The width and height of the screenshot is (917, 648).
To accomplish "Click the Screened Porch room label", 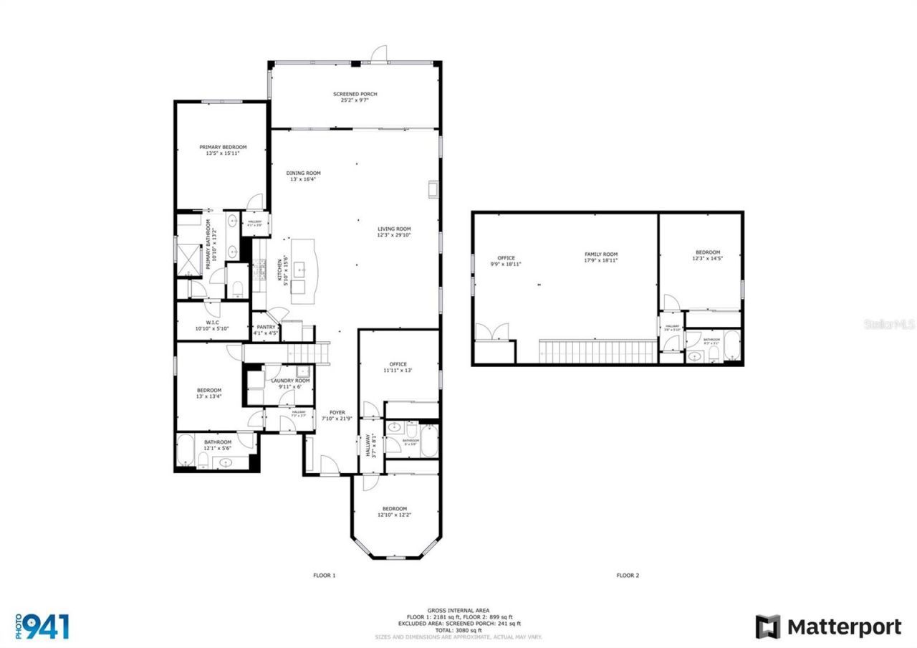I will click(x=355, y=95).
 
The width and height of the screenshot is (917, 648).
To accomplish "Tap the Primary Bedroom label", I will click(x=223, y=147).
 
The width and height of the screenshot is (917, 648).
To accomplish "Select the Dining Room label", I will click(x=303, y=173).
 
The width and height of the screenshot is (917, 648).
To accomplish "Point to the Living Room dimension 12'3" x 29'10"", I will click(x=394, y=235).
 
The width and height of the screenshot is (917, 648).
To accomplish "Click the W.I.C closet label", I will click(x=211, y=323).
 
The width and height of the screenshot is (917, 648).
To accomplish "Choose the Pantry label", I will click(x=266, y=327).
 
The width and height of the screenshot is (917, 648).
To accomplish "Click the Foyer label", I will click(x=337, y=413).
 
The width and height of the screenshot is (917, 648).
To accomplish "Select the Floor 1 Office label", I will click(x=398, y=364).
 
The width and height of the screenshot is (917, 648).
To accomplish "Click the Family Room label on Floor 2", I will click(x=600, y=254).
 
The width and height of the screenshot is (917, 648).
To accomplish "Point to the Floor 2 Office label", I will click(x=506, y=258).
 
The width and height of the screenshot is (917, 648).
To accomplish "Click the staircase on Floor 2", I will click(x=597, y=351).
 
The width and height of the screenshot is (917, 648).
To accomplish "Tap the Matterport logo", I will click(x=828, y=626).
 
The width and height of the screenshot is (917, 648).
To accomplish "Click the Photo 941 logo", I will click(x=43, y=626).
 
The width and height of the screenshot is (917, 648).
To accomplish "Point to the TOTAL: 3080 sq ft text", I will click(x=458, y=630).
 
